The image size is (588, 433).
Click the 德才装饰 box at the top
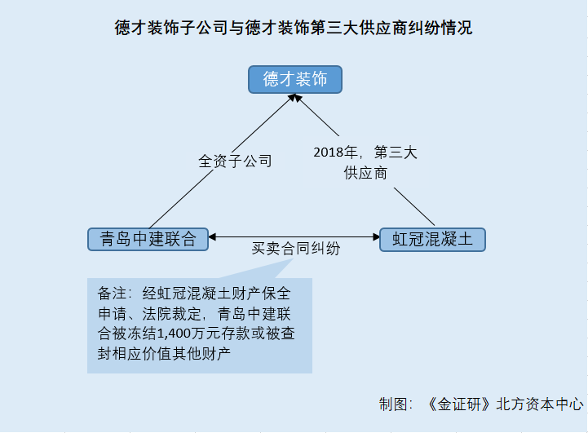[295, 79]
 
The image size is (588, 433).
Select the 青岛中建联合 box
[148, 239]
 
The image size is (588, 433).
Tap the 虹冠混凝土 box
[432, 240]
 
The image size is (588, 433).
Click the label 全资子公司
[235, 161]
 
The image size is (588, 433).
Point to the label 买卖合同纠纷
[296, 248]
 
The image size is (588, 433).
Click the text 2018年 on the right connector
[336, 152]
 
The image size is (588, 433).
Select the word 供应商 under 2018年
[365, 173]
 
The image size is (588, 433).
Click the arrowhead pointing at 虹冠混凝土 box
[376, 237]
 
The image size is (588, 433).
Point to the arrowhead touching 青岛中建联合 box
[212, 237]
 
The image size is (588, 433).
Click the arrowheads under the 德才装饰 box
[295, 98]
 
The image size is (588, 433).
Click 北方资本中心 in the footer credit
[540, 404]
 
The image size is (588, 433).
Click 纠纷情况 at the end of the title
[440, 28]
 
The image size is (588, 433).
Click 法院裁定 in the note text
[172, 314]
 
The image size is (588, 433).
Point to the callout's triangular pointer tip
[293, 259]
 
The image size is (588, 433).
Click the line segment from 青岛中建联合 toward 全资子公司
[181, 199]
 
